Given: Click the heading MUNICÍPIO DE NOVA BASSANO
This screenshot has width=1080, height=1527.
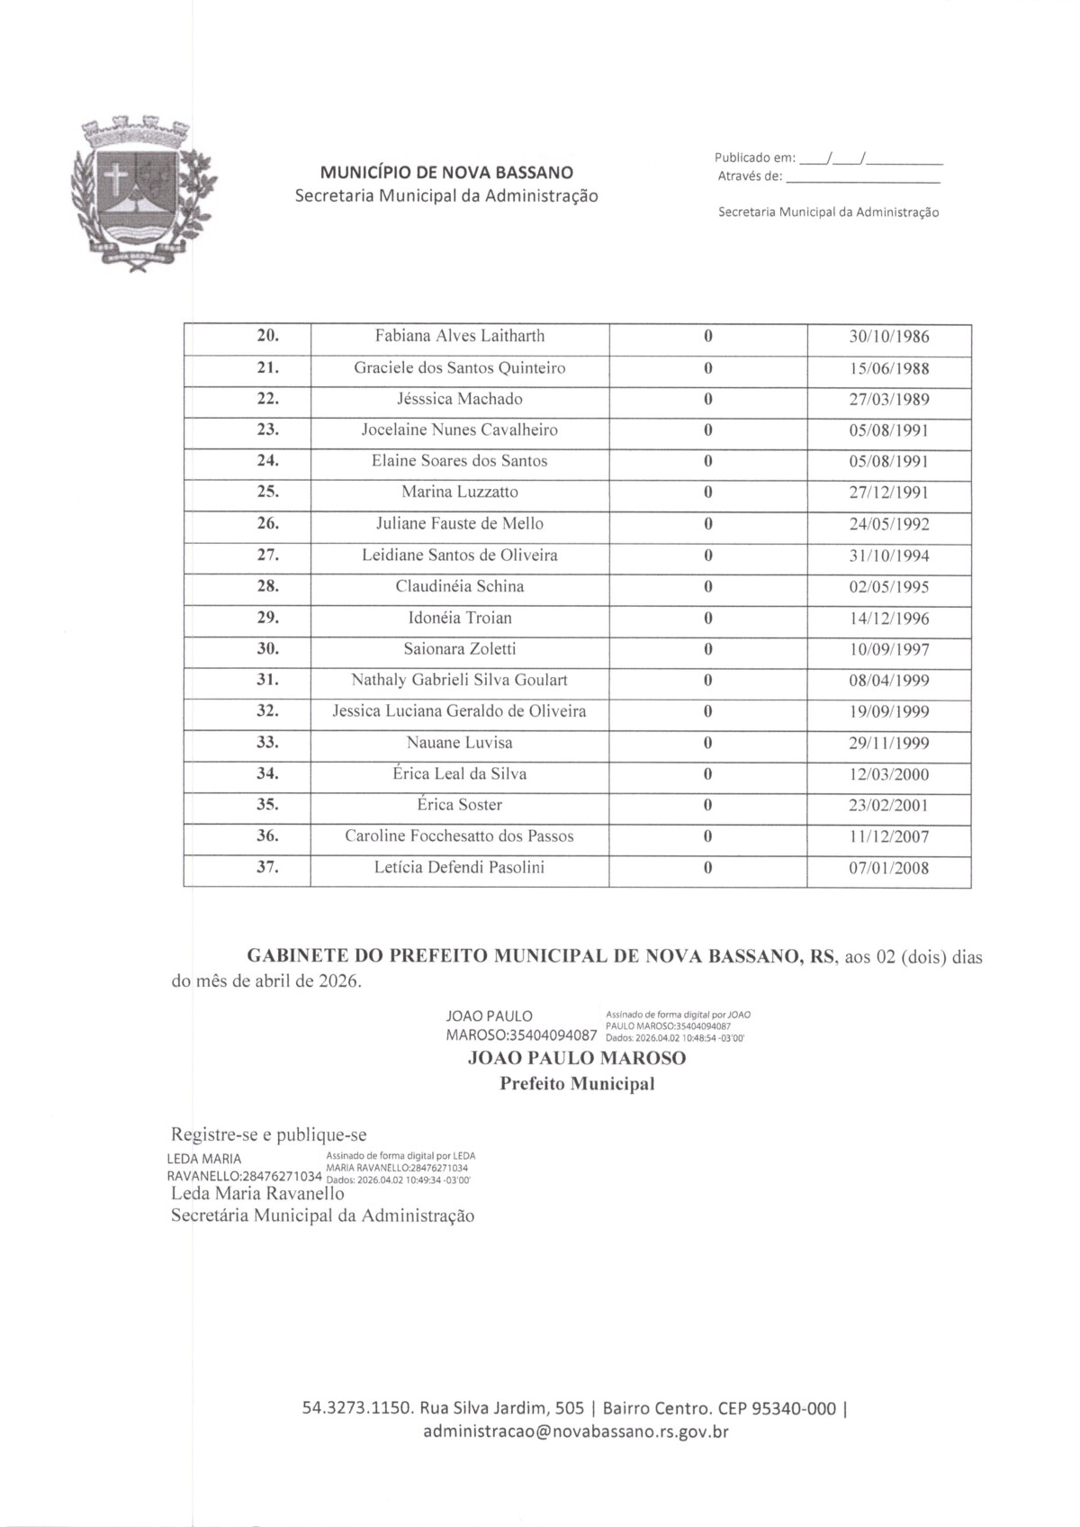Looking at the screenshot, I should [x=446, y=172].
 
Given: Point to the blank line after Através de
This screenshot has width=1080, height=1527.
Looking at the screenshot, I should [x=862, y=177].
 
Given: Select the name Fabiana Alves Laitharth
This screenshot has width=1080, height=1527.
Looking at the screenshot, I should [x=459, y=337].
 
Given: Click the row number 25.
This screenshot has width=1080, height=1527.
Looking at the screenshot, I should [x=268, y=492].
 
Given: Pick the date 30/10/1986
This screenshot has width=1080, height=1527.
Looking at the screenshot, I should [x=889, y=338].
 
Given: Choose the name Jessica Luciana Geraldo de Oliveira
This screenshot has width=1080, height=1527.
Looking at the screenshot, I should [x=459, y=711].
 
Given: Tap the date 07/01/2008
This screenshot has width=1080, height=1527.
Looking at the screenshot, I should [x=889, y=869].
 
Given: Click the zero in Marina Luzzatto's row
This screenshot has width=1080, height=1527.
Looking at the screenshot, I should [x=708, y=492].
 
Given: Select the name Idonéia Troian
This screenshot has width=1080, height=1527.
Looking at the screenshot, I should [x=459, y=618].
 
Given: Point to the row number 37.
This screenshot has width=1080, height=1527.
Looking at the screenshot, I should [x=268, y=868].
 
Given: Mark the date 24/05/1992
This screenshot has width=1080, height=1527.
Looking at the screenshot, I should [x=889, y=524].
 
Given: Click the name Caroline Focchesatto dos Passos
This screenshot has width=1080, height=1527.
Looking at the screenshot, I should [x=459, y=836].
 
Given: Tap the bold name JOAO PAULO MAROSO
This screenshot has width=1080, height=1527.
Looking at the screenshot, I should [x=577, y=1059].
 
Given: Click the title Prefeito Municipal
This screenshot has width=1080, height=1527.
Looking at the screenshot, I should [x=577, y=1084].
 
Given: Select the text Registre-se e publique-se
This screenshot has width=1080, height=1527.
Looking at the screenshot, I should [x=269, y=1134].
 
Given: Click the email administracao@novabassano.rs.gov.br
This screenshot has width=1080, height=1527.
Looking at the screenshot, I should [x=576, y=1431].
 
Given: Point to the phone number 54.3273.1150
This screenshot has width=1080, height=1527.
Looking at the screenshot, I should [x=357, y=1408].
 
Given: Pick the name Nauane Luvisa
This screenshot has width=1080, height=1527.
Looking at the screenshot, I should [x=459, y=743].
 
